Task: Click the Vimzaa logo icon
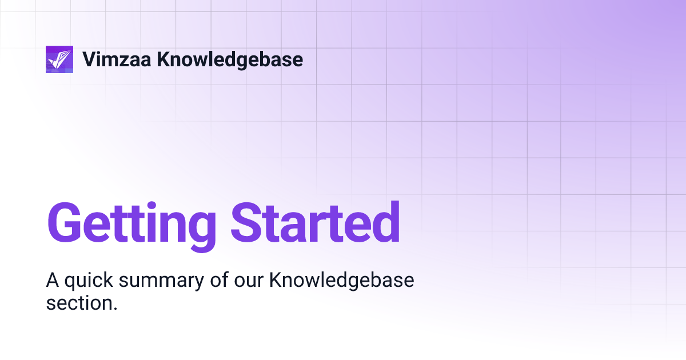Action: pos(59,59)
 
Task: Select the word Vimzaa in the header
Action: pos(117,59)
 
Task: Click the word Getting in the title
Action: pos(131,223)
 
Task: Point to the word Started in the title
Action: pos(315,222)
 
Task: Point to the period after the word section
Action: pos(115,309)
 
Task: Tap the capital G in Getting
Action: pos(66,222)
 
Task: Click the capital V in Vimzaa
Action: pos(90,59)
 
